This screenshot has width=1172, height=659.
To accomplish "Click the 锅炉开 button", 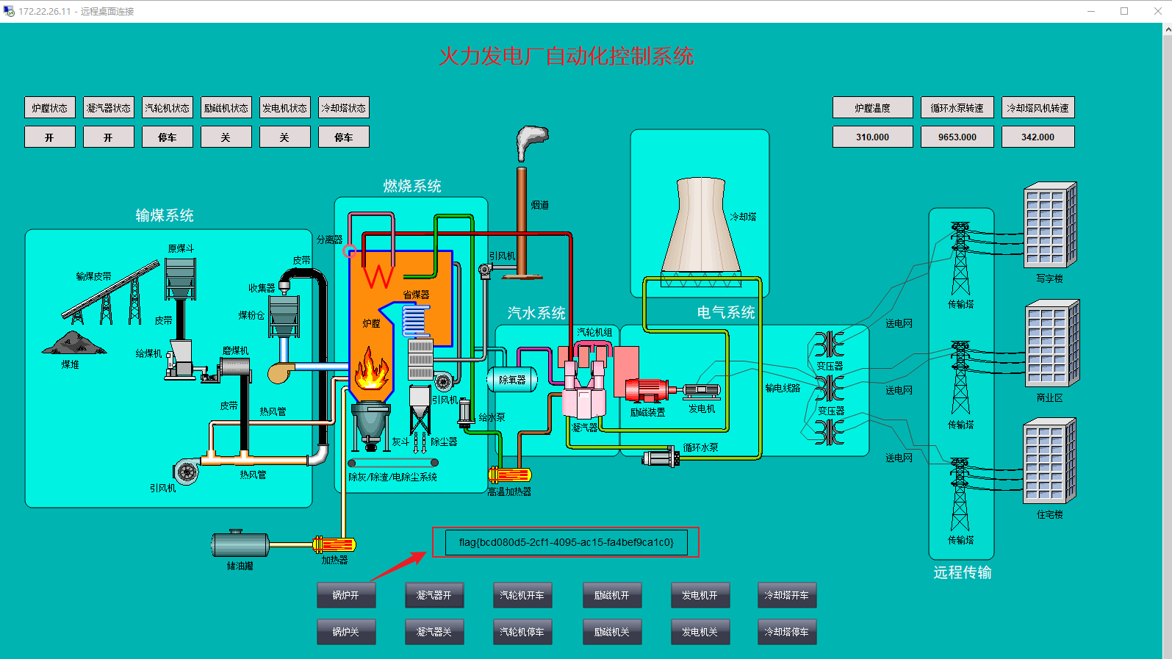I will tap(346, 595).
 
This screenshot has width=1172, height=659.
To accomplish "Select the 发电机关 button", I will tap(700, 632).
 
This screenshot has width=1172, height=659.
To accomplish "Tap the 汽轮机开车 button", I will tap(522, 595).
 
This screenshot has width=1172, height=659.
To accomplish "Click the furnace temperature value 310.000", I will tap(872, 137).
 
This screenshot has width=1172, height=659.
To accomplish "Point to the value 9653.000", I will tap(957, 137).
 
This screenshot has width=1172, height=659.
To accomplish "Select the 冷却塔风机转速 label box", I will tap(1038, 108).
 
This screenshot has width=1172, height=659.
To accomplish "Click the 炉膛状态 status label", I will tap(49, 108).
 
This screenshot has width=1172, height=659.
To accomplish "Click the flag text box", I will tap(566, 542).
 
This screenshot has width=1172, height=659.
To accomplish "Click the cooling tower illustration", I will tap(701, 228).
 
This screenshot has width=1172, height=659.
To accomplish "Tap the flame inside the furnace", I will tap(372, 370).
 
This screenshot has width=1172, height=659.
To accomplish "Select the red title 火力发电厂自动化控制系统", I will tap(566, 57).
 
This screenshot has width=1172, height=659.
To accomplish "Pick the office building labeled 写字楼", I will tap(1049, 225).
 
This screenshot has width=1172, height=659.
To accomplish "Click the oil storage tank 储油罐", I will tap(240, 544).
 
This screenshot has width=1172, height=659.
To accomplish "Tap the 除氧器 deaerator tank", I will tap(512, 380).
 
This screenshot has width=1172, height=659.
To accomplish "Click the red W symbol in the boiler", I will tap(379, 276).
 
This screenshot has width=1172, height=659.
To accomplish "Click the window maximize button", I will tap(1124, 11).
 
